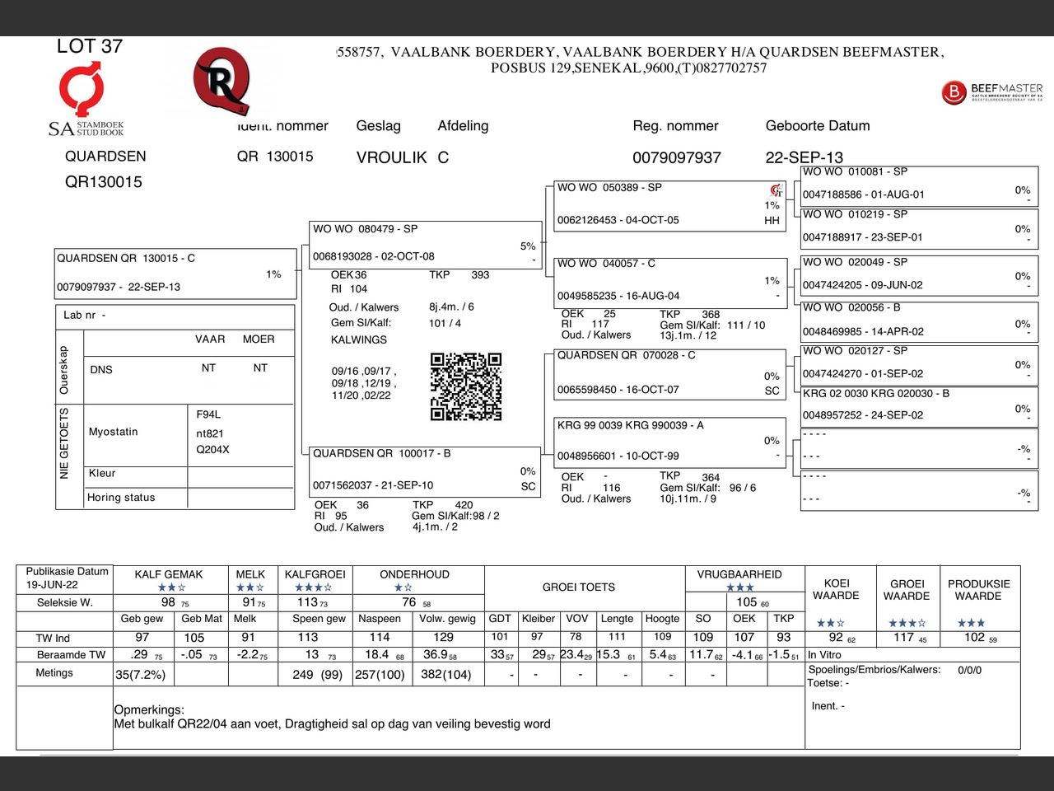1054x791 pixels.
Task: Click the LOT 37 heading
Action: coord(89,46)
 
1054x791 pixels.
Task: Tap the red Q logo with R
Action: coord(221,81)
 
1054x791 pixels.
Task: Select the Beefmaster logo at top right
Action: coord(991,91)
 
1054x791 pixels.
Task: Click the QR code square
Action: coord(465,386)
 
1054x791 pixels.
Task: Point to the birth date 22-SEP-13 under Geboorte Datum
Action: coord(804,157)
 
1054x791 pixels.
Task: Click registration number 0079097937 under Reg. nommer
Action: coord(676,157)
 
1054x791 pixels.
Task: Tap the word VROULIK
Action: coord(391,157)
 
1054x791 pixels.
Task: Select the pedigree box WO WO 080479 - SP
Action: coord(425,244)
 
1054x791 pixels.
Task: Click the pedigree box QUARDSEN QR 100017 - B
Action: coord(425,470)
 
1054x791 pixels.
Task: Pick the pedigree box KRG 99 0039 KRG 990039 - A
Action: coord(669,440)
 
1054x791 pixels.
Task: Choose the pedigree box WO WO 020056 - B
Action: coord(918,320)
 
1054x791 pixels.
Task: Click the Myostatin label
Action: coord(114,432)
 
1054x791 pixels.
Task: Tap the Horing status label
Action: coord(121,498)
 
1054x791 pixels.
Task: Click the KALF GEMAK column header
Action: coord(169,574)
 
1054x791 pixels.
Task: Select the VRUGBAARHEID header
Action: coord(739,574)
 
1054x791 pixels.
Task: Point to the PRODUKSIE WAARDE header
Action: coord(978,589)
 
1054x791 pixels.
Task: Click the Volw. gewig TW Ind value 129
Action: coord(443,637)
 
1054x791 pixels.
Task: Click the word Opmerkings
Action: coord(149,709)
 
